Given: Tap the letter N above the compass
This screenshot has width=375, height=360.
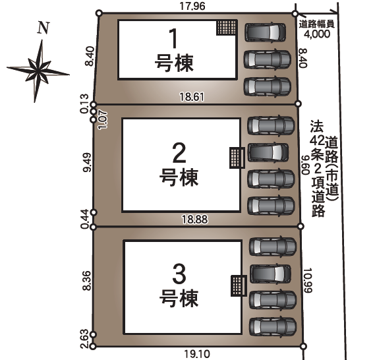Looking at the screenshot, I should click(43, 28).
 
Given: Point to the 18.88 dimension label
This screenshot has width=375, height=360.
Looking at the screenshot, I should click(198, 219).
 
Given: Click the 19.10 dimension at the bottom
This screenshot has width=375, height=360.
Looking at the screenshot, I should click(197, 353).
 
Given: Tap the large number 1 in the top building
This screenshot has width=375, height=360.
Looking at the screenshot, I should click(174, 38).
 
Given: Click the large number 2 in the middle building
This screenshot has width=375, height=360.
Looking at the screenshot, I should click(178, 152).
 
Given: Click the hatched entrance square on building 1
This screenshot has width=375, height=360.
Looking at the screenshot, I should click(227, 28).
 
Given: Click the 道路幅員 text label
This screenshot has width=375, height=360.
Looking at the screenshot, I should click(318, 23).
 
